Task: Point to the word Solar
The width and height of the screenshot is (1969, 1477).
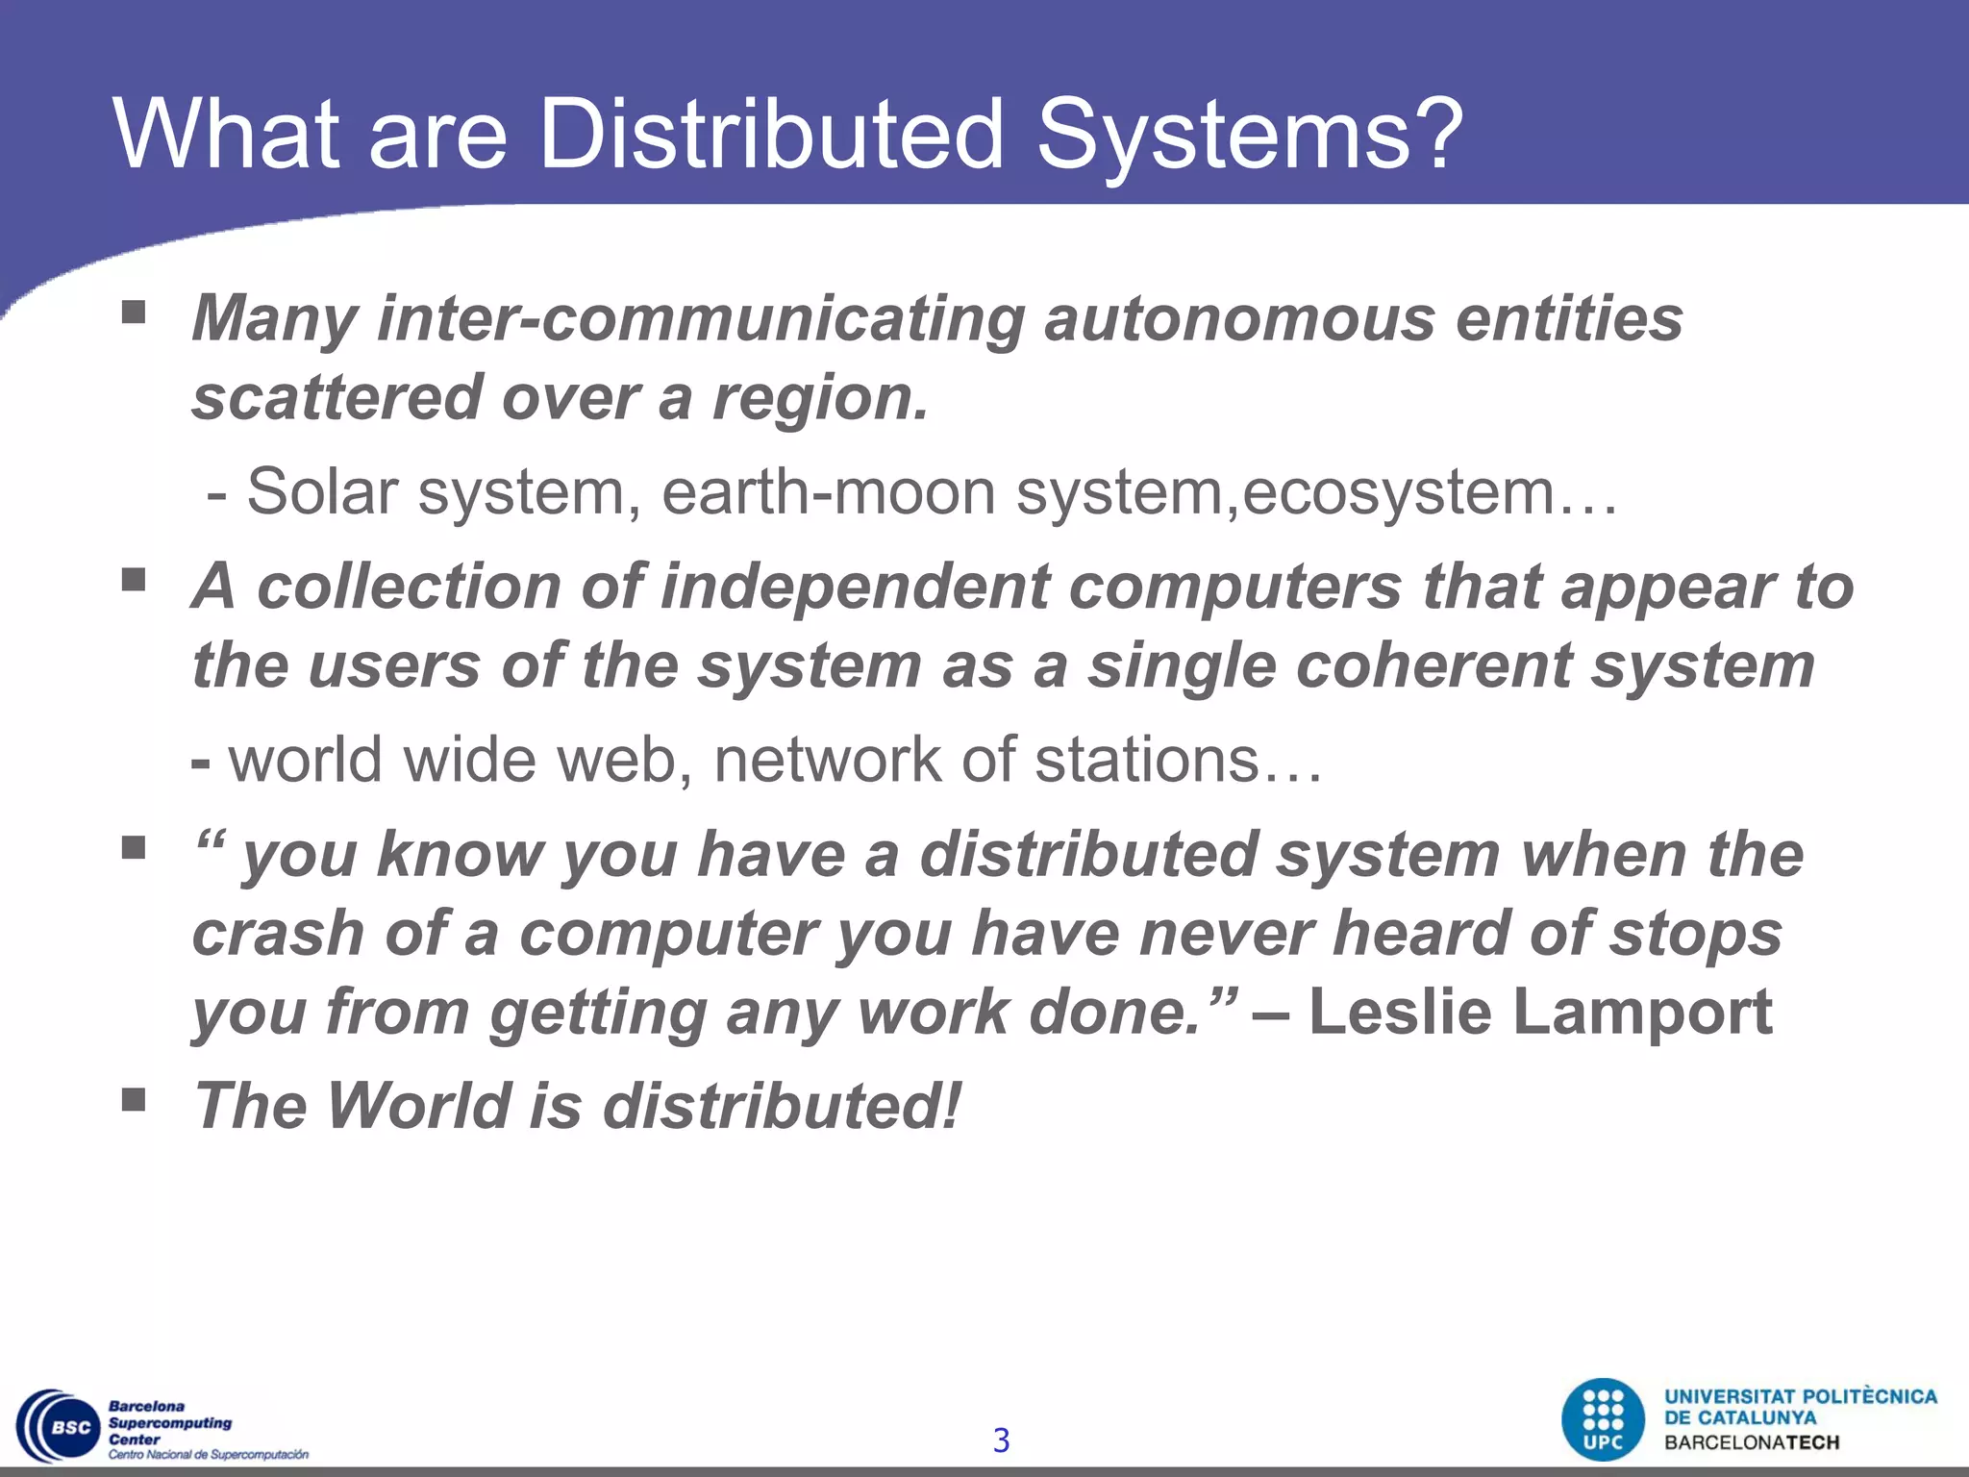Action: click(322, 491)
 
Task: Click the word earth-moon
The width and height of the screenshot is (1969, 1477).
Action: click(828, 491)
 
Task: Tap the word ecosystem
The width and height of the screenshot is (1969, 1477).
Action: click(1398, 493)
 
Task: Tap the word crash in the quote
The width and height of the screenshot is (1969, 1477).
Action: click(278, 934)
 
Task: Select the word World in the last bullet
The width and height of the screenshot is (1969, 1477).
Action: click(419, 1106)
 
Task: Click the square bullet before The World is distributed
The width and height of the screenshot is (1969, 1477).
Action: click(134, 1099)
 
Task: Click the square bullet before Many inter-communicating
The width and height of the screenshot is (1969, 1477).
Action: click(134, 313)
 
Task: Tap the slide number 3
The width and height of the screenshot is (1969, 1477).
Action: click(1001, 1440)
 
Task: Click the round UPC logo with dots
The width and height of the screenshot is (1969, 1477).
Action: click(1603, 1419)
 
